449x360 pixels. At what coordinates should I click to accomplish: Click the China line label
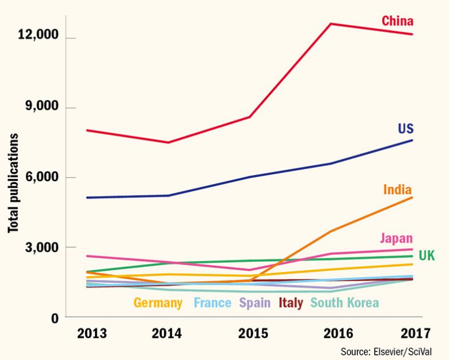point(398,22)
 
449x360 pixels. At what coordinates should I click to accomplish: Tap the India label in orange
point(399,189)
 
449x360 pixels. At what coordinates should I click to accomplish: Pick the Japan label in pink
point(396,238)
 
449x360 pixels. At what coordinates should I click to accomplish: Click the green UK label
point(427,255)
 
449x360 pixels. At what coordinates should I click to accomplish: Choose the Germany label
point(158,303)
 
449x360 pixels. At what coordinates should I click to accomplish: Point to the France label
point(212,303)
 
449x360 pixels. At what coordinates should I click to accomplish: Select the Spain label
point(255,303)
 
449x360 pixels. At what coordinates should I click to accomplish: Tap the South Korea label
point(345,303)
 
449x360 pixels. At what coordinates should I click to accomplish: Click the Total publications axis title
point(12,183)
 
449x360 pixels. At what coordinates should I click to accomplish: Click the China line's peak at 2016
point(331,24)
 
